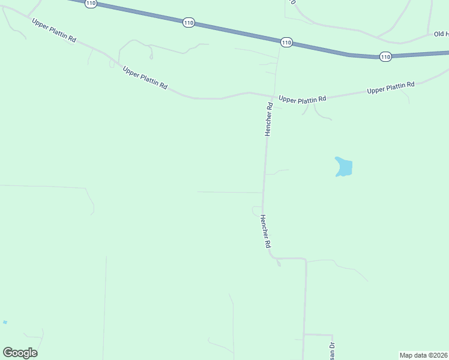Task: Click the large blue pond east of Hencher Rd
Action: (x=344, y=167)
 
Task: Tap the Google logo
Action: (x=20, y=353)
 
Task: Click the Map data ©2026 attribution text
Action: (x=423, y=355)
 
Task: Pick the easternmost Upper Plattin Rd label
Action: (x=391, y=88)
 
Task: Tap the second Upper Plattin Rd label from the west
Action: (x=145, y=78)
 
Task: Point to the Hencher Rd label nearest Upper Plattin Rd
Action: (x=270, y=119)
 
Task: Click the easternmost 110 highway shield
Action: (x=385, y=56)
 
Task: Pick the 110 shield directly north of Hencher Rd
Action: (x=286, y=42)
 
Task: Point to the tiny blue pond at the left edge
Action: (x=5, y=322)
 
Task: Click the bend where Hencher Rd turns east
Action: (x=276, y=258)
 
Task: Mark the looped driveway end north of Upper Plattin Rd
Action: (x=151, y=56)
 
